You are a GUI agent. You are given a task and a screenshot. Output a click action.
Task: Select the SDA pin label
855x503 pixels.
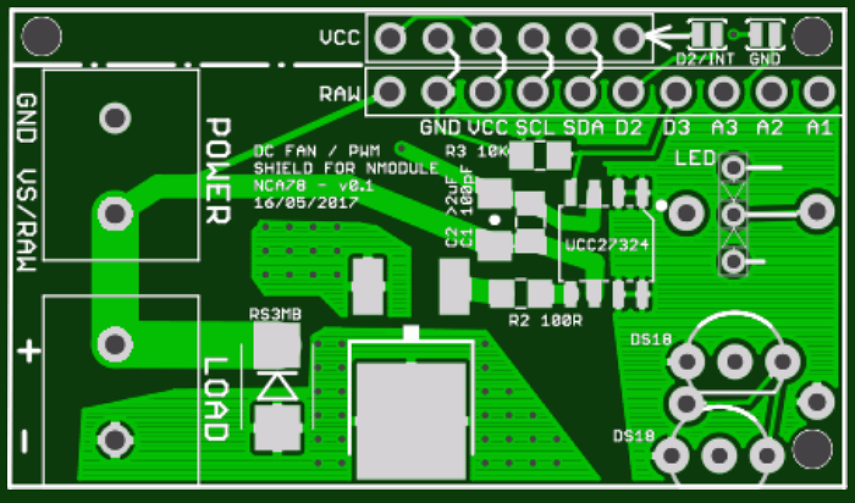(x=583, y=128)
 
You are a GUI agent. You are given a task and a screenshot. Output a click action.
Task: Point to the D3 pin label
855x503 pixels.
(x=677, y=128)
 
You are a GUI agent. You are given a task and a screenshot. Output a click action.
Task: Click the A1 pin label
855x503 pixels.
(x=819, y=128)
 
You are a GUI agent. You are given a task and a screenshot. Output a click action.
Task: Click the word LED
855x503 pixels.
(x=695, y=158)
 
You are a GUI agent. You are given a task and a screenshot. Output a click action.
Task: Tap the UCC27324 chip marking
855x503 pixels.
(x=607, y=245)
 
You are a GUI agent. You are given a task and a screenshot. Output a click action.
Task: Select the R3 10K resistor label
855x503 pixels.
(x=476, y=152)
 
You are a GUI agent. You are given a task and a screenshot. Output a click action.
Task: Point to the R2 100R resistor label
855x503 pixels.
(x=545, y=320)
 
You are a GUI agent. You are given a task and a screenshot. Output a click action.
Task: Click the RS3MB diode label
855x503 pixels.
(x=275, y=313)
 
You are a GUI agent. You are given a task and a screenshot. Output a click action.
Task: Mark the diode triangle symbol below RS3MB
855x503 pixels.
(x=277, y=386)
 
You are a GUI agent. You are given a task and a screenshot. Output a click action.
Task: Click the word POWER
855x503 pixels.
(x=218, y=170)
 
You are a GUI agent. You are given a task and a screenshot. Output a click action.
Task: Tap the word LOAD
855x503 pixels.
(x=215, y=399)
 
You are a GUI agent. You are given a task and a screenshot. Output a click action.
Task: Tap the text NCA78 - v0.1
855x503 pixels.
(x=313, y=186)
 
